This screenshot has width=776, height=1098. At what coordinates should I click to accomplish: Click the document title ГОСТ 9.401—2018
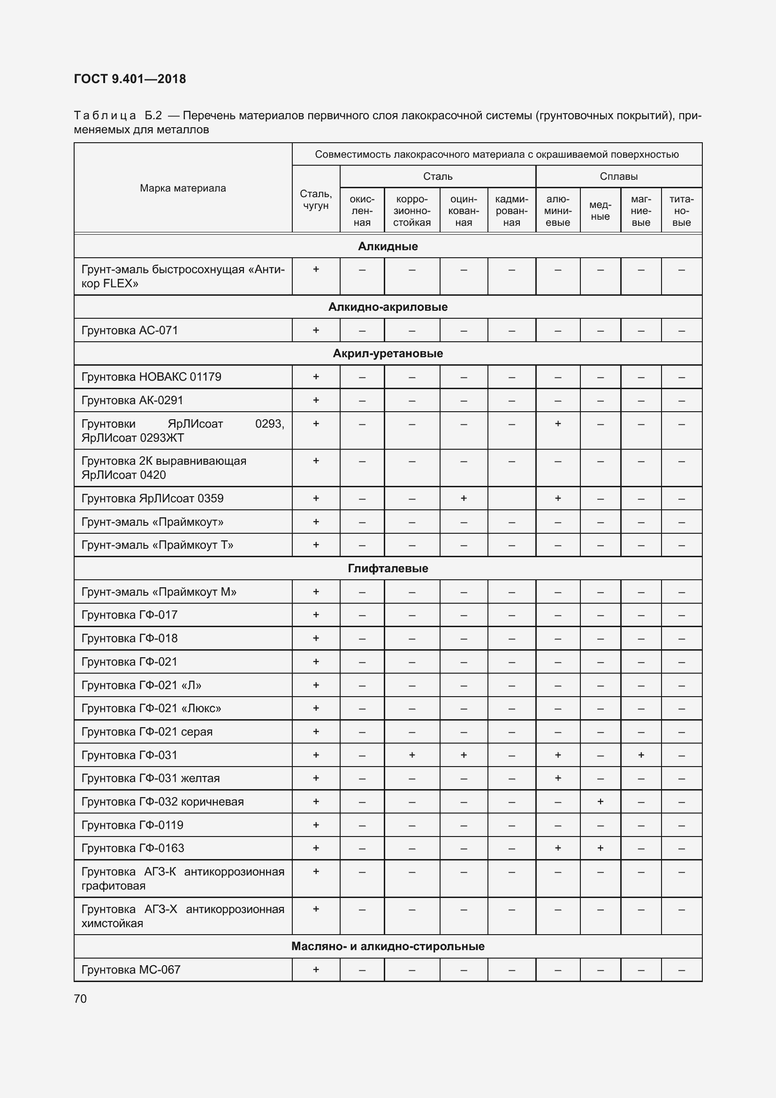pyautogui.click(x=130, y=79)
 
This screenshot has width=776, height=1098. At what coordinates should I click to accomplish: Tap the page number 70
pyautogui.click(x=80, y=998)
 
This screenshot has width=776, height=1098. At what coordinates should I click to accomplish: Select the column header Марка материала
pyautogui.click(x=183, y=188)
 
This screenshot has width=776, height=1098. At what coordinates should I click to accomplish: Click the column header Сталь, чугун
pyautogui.click(x=316, y=200)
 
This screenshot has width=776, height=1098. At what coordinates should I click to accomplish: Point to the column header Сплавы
pyautogui.click(x=618, y=177)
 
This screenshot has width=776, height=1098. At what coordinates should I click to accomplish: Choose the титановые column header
pyautogui.click(x=681, y=210)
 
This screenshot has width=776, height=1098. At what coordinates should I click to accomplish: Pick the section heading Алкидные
pyautogui.click(x=388, y=246)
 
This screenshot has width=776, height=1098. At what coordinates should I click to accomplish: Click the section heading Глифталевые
pyautogui.click(x=388, y=568)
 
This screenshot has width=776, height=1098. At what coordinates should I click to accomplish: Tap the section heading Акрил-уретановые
pyautogui.click(x=388, y=353)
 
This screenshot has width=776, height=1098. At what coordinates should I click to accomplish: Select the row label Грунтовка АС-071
pyautogui.click(x=129, y=330)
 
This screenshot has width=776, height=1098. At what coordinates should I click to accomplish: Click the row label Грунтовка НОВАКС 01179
pyautogui.click(x=151, y=377)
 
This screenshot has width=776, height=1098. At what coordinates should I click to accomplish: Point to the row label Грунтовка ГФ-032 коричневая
pyautogui.click(x=162, y=801)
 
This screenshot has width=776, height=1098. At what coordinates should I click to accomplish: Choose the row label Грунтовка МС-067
pyautogui.click(x=131, y=969)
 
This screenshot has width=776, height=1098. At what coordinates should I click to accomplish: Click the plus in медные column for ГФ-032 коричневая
pyautogui.click(x=600, y=801)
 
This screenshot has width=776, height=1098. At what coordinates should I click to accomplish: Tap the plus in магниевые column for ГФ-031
pyautogui.click(x=641, y=755)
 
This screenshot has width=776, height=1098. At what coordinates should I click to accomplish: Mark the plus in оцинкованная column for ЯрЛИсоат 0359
pyautogui.click(x=464, y=499)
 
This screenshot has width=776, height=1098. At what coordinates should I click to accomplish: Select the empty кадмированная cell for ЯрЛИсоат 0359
pyautogui.click(x=511, y=499)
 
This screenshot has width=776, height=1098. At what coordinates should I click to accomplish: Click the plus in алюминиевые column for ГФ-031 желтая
pyautogui.click(x=558, y=778)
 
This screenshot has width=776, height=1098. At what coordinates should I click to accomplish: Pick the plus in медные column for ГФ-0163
pyautogui.click(x=600, y=848)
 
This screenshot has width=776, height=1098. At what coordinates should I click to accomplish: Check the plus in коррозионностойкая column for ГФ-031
pyautogui.click(x=411, y=755)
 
